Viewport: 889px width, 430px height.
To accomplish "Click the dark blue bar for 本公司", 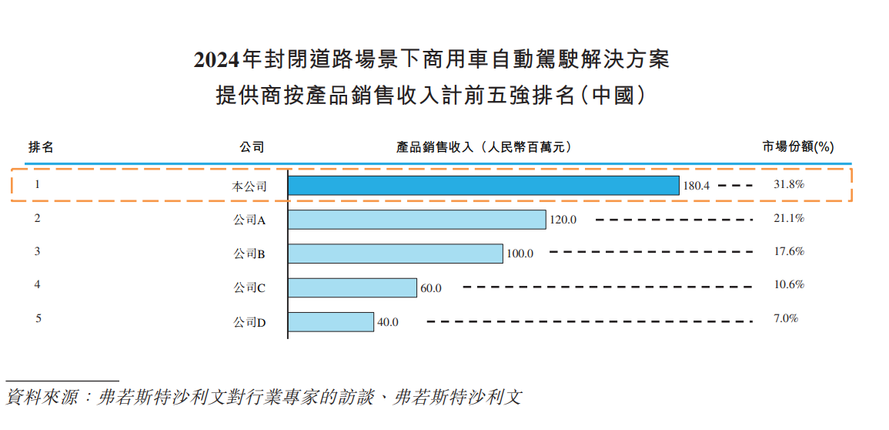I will click(x=483, y=186).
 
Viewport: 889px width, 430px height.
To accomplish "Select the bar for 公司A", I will click(x=416, y=220).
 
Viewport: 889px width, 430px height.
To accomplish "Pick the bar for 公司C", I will click(x=353, y=288).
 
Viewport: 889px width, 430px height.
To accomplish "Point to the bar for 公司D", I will click(x=331, y=322).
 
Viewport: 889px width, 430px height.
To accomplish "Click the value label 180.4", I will click(x=696, y=186).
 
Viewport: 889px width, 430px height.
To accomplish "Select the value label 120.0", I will click(x=563, y=220).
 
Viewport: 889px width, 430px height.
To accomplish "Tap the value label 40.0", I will click(x=387, y=323).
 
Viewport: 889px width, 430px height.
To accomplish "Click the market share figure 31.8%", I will click(x=788, y=185).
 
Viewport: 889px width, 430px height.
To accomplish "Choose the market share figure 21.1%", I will click(x=788, y=219).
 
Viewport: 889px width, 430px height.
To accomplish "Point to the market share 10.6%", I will click(x=788, y=284).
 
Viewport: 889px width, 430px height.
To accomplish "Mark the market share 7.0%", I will click(x=786, y=318).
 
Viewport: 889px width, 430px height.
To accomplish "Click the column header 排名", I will click(x=41, y=146).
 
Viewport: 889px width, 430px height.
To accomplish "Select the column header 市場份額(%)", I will click(x=798, y=146).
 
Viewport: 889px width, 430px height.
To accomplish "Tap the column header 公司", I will click(x=252, y=146).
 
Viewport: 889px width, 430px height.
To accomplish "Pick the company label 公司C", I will click(x=249, y=288).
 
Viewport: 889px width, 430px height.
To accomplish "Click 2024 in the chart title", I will click(x=217, y=60).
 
